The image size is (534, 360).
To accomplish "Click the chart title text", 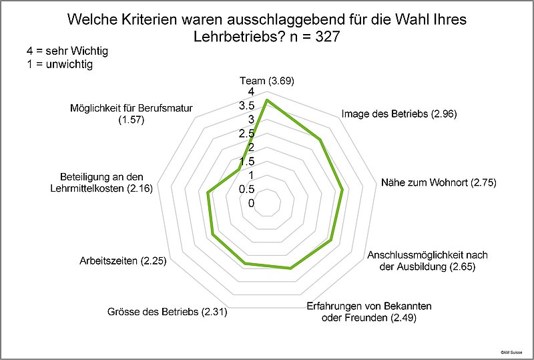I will click(267, 28).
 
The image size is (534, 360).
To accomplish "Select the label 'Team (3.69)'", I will click(267, 81).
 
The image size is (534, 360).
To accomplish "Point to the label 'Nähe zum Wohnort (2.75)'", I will click(439, 182).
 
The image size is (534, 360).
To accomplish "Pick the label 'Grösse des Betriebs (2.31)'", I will click(167, 312).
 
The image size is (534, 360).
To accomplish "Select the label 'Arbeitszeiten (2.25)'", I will click(122, 260).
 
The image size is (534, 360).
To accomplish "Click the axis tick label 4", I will click(250, 92).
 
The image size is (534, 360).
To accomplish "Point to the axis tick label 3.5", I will click(247, 106).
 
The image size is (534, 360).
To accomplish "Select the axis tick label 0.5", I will click(247, 189).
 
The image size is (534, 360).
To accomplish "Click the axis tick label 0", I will click(250, 203).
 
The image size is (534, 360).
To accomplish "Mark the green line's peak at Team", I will click(267, 100).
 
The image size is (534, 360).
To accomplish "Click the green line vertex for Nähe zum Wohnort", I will click(342, 190).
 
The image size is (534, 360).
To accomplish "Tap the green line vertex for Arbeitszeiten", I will click(212, 235).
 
